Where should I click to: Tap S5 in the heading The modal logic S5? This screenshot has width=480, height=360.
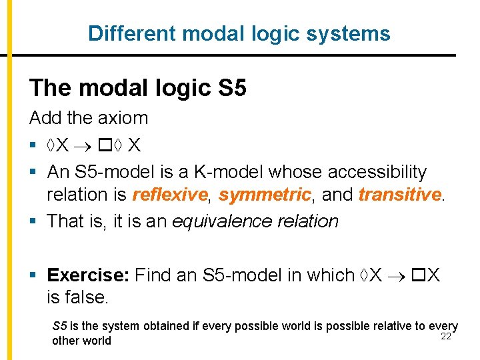tap(231, 87)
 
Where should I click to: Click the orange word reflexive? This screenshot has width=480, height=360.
tap(170, 195)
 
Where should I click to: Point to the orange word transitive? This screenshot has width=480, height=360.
tap(399, 195)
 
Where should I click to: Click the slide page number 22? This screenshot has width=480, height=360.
tap(446, 335)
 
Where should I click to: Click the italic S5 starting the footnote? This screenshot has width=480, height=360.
tap(59, 327)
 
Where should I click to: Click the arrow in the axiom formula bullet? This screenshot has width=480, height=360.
tap(83, 145)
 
